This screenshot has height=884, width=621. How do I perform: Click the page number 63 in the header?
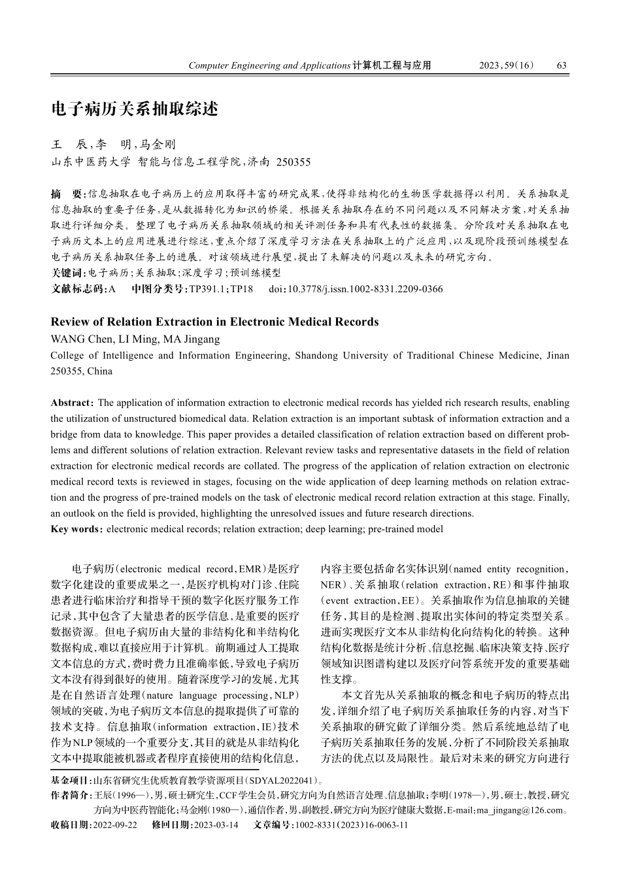click(562, 65)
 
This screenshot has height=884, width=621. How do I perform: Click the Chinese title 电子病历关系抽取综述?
click(135, 109)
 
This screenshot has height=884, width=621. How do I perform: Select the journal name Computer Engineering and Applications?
click(269, 65)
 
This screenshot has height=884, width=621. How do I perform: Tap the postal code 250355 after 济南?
click(294, 162)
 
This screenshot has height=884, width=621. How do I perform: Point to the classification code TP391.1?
click(208, 289)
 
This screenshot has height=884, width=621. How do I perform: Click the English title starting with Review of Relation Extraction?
click(214, 322)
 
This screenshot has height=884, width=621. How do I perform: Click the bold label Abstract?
click(73, 403)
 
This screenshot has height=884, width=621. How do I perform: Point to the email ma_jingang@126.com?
click(521, 811)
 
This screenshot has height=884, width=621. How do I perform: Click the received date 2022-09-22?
click(115, 825)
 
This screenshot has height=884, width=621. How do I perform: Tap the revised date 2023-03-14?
click(215, 825)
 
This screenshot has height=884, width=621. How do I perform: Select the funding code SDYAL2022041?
click(283, 781)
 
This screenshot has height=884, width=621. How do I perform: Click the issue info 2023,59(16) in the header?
click(507, 65)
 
